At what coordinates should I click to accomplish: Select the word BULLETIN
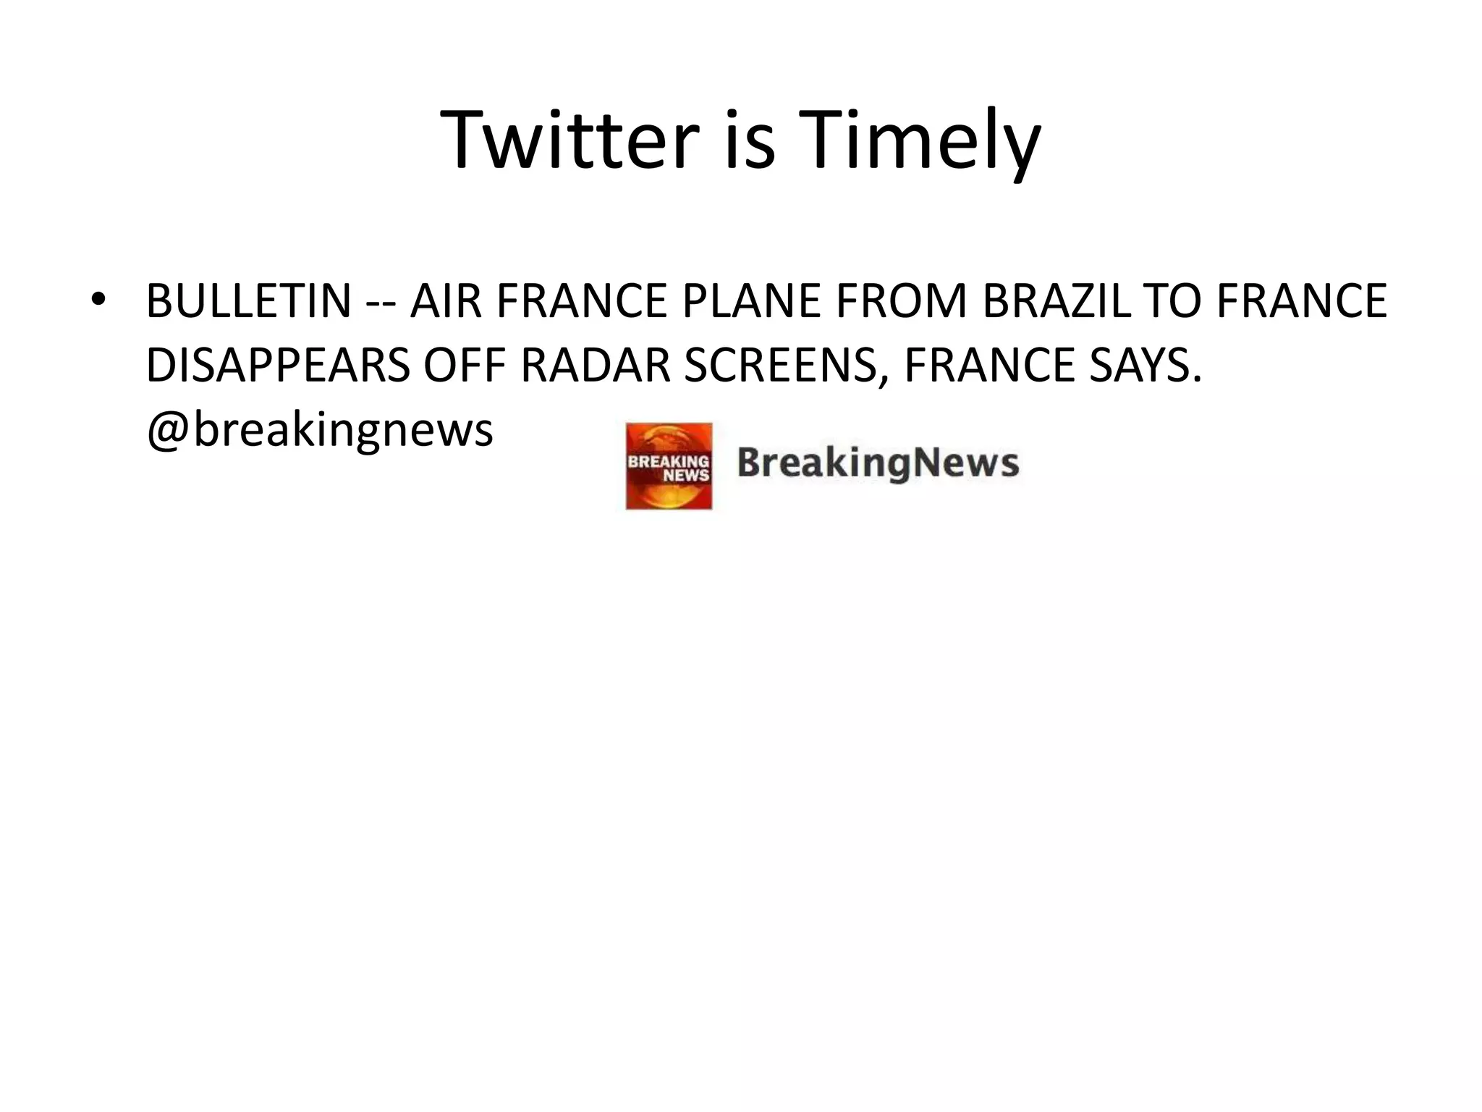248,301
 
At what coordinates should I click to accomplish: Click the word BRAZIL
1057,301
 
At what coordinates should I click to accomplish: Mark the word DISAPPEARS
278,365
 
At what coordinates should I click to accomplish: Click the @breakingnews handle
320,430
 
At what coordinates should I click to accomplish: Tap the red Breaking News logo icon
669,466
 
